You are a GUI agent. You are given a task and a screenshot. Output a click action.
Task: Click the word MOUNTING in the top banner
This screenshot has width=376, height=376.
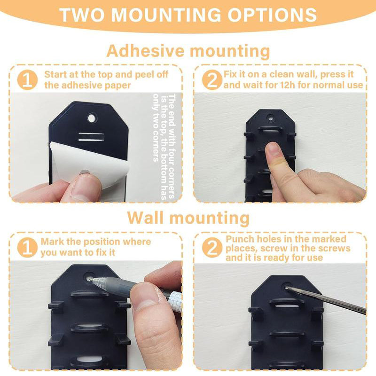167,15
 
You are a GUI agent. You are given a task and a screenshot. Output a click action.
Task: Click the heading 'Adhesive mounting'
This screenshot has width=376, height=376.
188,50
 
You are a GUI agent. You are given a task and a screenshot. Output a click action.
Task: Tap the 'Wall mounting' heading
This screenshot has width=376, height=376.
188,218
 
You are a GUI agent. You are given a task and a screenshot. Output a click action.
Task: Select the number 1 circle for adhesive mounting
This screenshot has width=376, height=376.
27,79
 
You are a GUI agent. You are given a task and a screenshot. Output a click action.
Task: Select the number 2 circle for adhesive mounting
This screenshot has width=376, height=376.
212,79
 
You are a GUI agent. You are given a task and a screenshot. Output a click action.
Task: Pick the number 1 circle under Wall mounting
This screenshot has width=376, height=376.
27,247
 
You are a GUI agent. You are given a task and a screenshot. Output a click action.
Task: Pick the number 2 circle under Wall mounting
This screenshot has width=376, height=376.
212,247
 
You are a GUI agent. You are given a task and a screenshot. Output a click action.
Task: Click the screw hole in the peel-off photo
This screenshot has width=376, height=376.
91,114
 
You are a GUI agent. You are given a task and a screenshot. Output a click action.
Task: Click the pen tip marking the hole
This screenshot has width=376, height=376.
93,280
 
